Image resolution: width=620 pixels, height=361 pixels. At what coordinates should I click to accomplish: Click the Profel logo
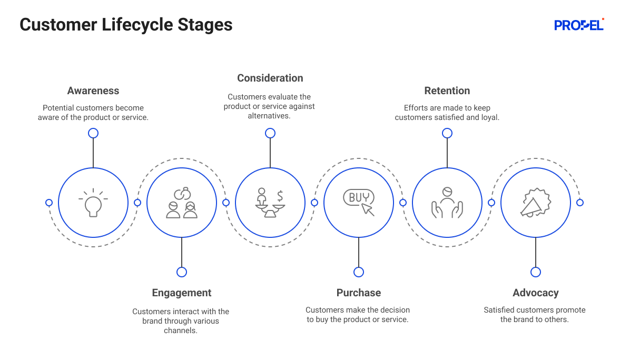(x=579, y=25)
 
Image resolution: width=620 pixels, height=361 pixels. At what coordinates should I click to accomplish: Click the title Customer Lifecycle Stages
(x=126, y=25)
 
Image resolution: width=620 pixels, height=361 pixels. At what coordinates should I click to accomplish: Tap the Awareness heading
(x=93, y=91)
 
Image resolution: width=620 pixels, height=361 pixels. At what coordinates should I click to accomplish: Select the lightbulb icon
(x=93, y=203)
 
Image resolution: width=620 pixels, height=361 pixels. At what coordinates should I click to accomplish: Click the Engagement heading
(x=182, y=293)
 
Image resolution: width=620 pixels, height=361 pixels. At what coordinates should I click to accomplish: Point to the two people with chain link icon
(x=182, y=203)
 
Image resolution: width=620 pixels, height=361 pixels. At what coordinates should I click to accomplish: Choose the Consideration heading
(x=270, y=78)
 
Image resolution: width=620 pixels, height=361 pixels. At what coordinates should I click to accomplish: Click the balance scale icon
(x=270, y=203)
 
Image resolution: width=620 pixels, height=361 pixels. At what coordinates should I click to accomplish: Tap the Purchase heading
(x=359, y=293)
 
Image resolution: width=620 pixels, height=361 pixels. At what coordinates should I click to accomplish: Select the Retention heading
(x=447, y=91)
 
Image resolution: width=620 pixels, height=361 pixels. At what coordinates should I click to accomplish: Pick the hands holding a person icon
(x=447, y=203)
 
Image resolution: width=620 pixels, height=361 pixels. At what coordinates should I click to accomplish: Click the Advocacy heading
(x=536, y=293)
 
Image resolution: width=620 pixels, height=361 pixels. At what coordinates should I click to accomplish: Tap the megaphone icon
(x=536, y=203)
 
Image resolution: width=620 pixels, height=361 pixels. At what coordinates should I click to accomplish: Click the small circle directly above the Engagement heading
(x=182, y=272)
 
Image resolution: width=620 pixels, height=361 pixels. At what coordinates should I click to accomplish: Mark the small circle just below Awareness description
(x=93, y=133)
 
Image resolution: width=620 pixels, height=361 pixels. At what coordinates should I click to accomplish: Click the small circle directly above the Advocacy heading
(x=536, y=272)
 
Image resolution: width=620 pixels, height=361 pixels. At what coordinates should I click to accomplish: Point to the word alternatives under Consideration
(x=269, y=116)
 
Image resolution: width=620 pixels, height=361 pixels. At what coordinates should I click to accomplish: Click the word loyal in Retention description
(x=489, y=117)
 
